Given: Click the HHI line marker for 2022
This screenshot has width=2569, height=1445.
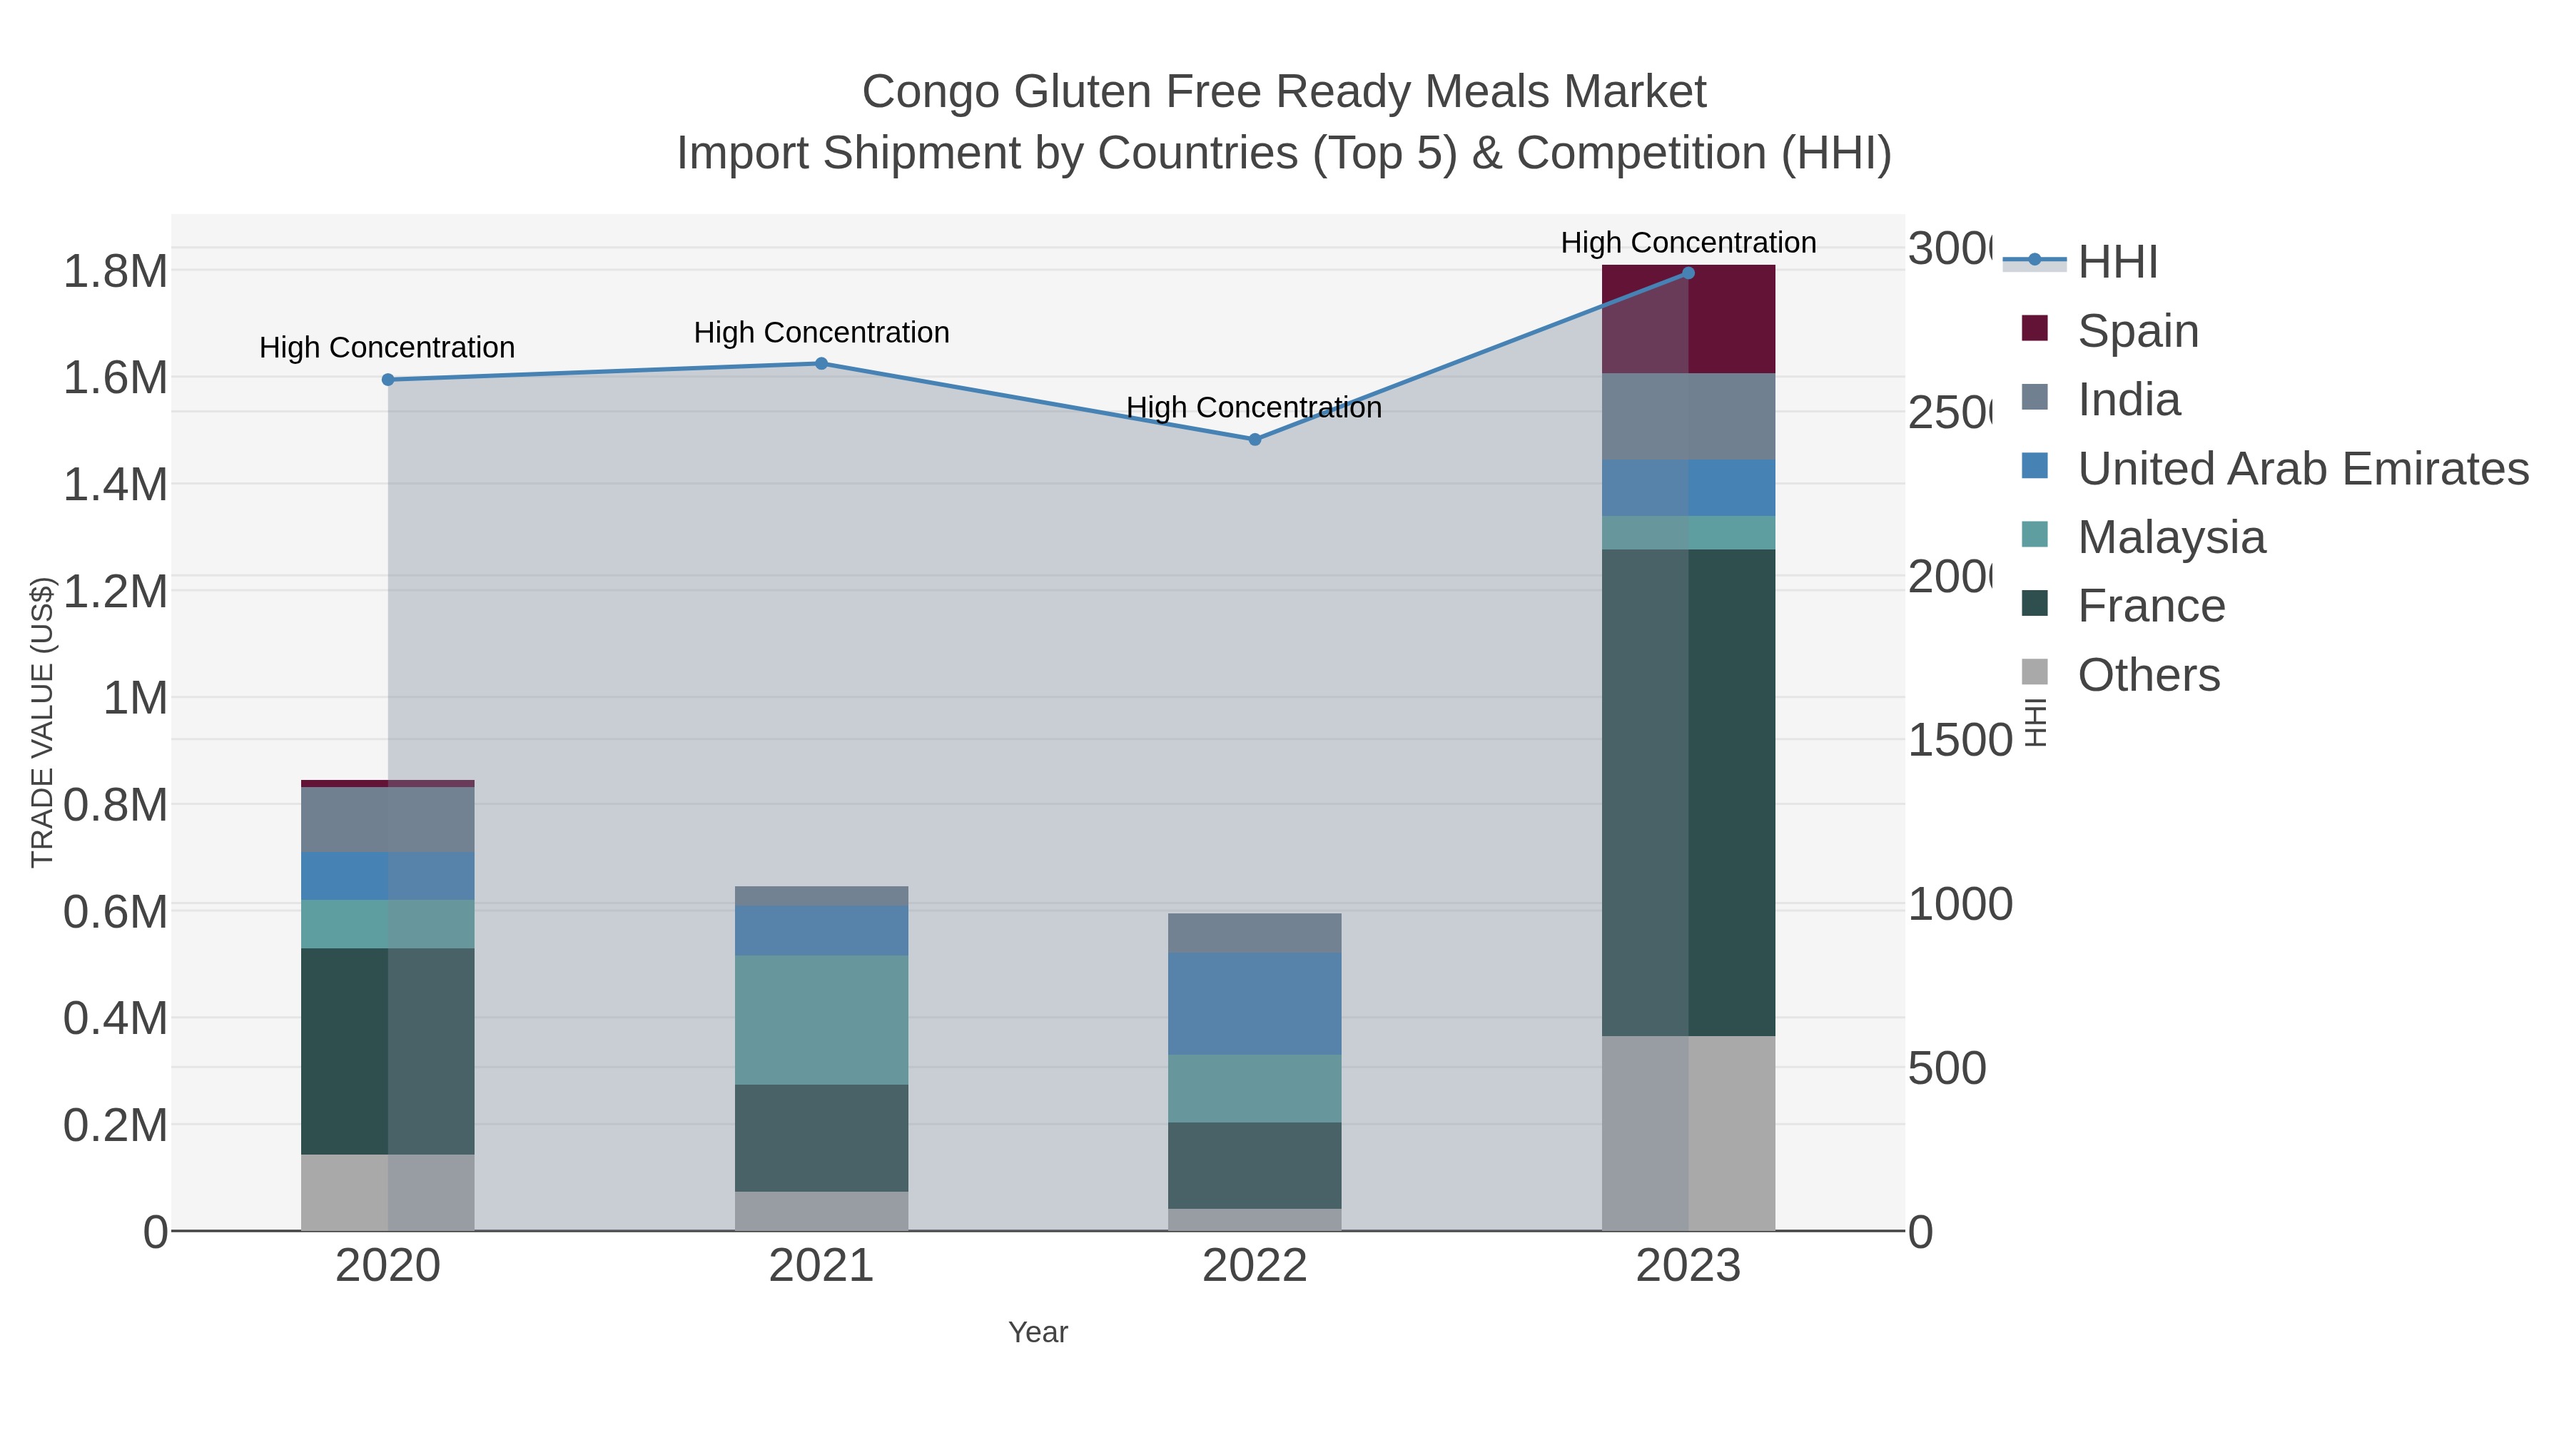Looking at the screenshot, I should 1255,440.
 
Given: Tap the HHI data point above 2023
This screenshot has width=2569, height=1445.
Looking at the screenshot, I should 1688,273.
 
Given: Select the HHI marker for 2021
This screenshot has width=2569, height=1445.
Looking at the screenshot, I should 822,364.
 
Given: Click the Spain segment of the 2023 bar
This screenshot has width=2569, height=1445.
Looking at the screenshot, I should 1688,319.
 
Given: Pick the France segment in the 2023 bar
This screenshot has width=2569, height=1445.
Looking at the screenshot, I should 1688,793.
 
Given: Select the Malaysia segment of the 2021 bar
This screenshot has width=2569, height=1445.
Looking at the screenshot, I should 822,1020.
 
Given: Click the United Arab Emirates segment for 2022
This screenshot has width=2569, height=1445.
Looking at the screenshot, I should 1255,1003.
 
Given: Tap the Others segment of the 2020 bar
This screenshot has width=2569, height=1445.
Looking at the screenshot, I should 388,1192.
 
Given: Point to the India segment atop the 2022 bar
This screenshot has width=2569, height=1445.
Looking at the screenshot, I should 1255,933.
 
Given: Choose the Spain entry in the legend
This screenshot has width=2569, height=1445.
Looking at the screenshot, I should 2137,331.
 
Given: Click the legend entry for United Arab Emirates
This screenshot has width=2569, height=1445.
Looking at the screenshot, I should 2301,469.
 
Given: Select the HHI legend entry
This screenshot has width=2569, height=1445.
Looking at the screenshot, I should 2117,263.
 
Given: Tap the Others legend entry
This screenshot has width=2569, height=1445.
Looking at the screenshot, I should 2148,675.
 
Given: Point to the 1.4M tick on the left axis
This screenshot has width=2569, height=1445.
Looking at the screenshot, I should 116,485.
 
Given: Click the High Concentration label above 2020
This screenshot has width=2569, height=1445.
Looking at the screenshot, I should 387,348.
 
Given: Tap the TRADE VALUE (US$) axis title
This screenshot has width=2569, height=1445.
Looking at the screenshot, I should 42,722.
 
